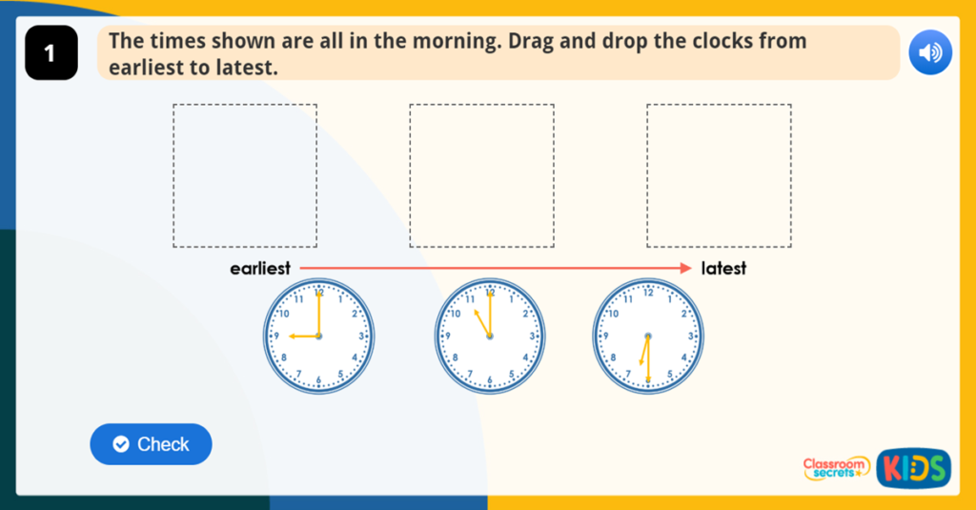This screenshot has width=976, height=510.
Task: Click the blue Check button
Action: [x=151, y=444]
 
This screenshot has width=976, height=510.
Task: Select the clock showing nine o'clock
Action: [x=319, y=337]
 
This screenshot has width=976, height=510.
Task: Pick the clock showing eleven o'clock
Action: [x=490, y=337]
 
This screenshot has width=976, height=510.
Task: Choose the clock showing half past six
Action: [x=648, y=337]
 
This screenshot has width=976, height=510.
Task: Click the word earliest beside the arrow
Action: [x=260, y=269]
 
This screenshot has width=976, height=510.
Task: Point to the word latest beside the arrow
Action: [x=723, y=269]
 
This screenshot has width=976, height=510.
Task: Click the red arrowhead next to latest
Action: [x=685, y=269]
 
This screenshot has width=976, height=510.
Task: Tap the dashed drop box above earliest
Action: [x=245, y=175]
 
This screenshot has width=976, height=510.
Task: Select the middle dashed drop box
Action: [x=481, y=175]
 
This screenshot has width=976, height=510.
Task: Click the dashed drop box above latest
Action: [x=719, y=175]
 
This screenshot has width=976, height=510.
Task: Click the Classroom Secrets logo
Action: [x=836, y=467]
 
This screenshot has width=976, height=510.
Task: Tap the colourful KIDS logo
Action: [x=914, y=467]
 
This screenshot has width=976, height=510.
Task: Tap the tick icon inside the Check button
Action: [x=120, y=444]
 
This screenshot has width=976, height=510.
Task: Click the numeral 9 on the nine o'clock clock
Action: [x=275, y=337]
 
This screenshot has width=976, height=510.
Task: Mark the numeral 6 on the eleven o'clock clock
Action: [x=490, y=379]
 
